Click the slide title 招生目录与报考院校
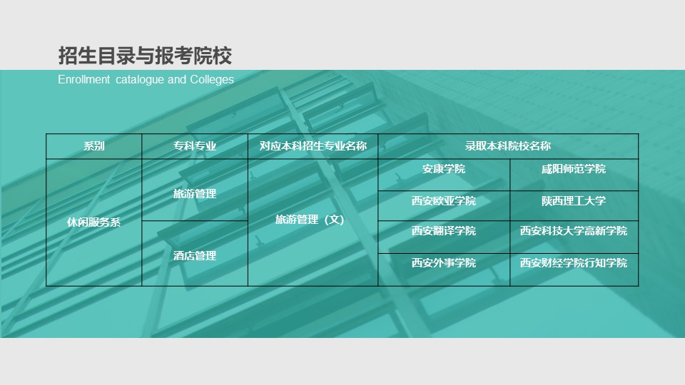[145, 56]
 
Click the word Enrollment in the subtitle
[84, 79]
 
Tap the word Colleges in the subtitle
[212, 79]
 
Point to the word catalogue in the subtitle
[140, 80]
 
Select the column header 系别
[94, 145]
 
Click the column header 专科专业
[195, 145]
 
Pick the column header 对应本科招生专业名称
[313, 145]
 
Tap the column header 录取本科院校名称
[508, 145]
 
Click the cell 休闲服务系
[94, 222]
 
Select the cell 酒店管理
[195, 255]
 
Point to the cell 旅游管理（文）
[310, 220]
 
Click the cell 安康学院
[444, 169]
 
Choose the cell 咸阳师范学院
[574, 169]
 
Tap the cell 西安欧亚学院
[444, 201]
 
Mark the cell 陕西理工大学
[574, 201]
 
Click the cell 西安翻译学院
[444, 230]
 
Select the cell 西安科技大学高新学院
[574, 230]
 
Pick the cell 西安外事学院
[444, 263]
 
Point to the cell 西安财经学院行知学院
[574, 263]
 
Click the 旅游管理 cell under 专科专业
[195, 193]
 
